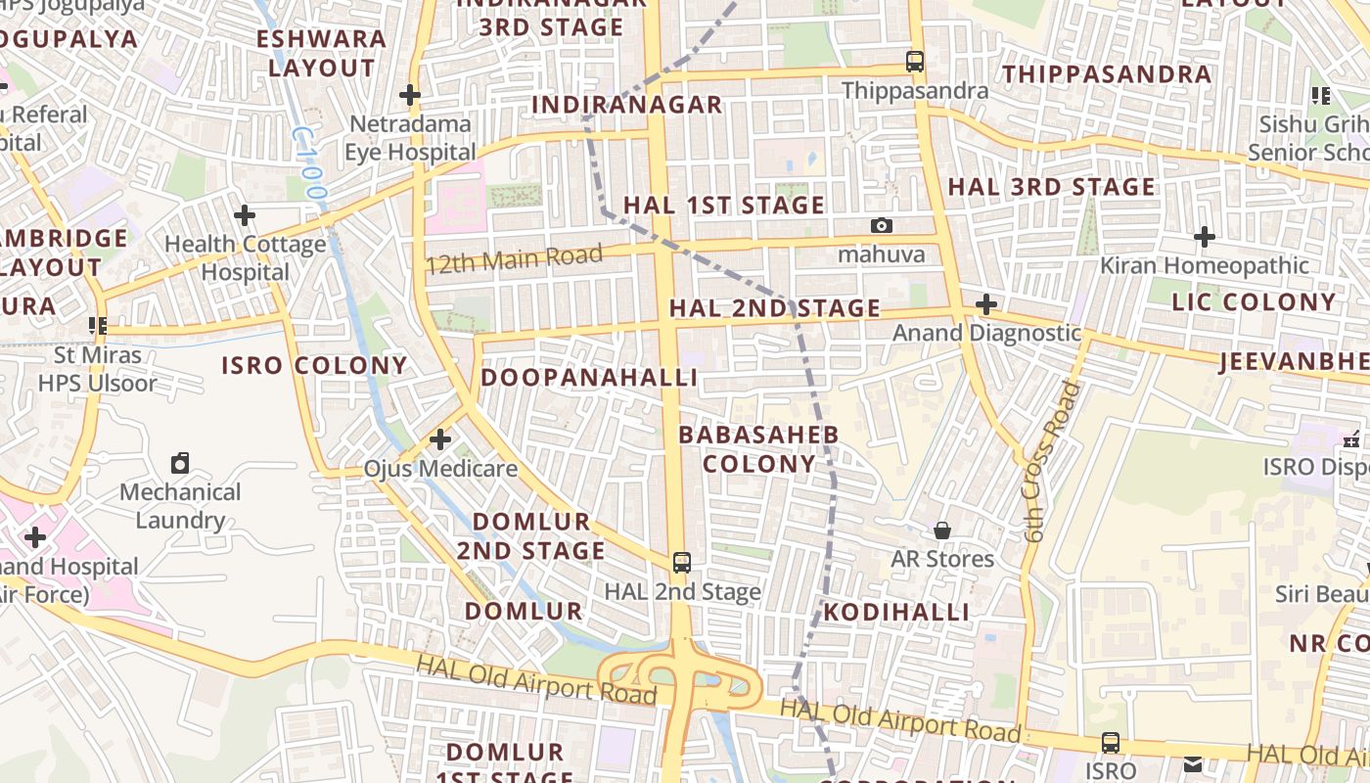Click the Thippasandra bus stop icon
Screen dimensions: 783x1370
915,62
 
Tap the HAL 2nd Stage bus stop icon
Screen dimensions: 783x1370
682,563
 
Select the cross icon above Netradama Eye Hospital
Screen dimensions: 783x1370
410,95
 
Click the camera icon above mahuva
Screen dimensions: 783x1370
882,226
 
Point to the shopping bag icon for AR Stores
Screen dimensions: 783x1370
941,530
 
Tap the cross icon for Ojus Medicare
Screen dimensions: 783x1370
440,439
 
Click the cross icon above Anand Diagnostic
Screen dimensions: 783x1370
986,304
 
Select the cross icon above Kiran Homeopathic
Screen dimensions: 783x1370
1205,236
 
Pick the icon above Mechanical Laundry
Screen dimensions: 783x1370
180,462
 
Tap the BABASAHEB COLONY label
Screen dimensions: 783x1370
758,449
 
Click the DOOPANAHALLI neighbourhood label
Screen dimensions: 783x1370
589,378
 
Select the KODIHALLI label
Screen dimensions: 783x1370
896,613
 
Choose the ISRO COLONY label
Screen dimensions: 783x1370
314,366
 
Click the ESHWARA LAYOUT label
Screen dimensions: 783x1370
322,54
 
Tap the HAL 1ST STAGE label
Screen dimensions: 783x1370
724,206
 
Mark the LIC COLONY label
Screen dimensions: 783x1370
1254,302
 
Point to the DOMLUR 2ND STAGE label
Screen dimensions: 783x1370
531,536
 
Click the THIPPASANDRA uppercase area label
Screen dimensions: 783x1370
1107,74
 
